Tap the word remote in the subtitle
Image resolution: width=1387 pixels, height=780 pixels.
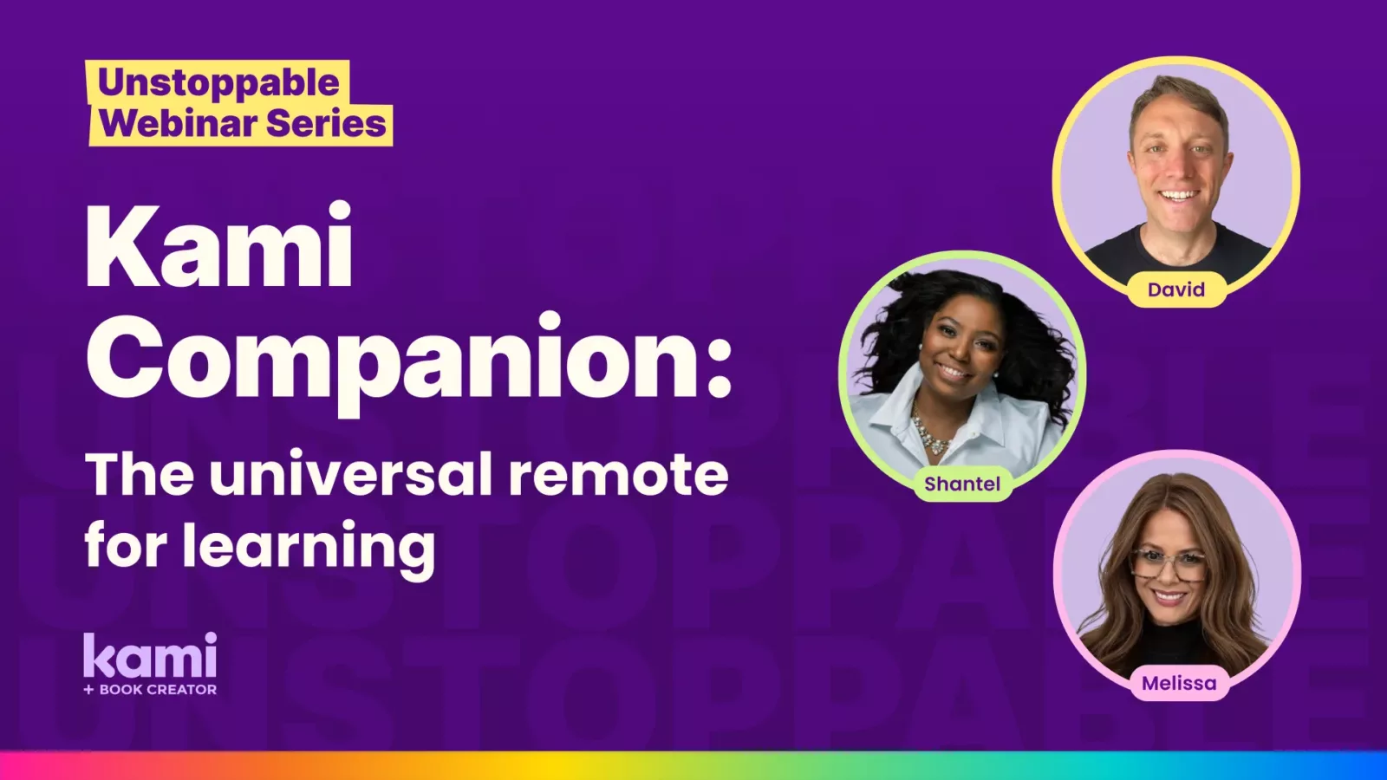click(x=619, y=476)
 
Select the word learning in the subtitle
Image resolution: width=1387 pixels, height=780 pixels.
click(x=309, y=547)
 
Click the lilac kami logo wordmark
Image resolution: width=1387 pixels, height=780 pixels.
click(x=151, y=655)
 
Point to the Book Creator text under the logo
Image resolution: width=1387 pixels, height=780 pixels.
click(x=151, y=690)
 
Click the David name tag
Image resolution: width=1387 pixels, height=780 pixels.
click(x=1175, y=289)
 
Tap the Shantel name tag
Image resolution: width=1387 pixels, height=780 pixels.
click(x=962, y=484)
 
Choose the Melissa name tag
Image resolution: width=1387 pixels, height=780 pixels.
click(x=1179, y=684)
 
